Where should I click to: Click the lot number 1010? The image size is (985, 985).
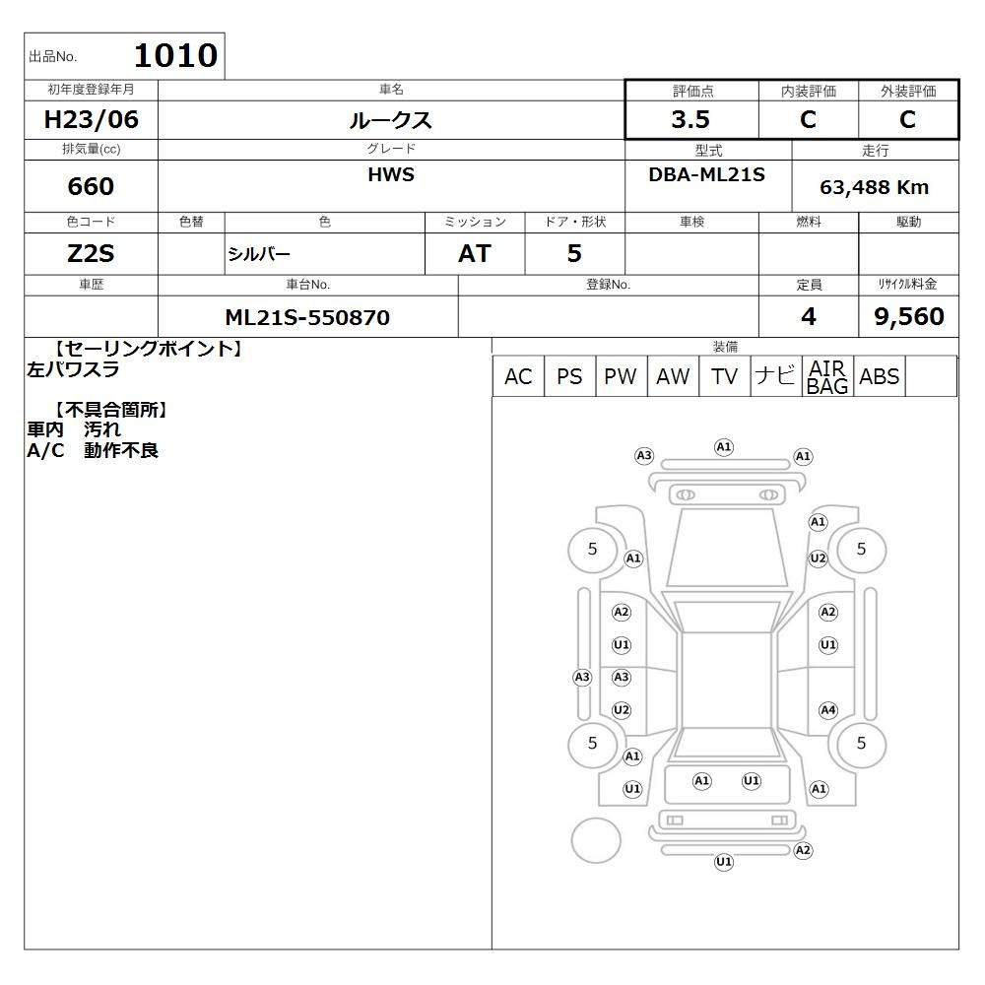coord(176,55)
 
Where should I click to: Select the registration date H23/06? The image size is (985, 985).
coord(91,119)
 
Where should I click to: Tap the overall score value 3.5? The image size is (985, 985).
coord(690,119)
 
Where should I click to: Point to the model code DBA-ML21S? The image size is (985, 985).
coord(706,174)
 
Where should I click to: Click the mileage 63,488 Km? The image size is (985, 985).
coord(874,187)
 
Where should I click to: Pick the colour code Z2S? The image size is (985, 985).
coord(91,254)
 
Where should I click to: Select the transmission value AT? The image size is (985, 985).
coord(475,254)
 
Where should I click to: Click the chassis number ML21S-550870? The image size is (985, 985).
coord(307,317)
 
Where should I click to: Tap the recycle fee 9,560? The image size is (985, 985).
coord(909,316)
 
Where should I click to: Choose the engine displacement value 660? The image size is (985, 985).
coord(91,186)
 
